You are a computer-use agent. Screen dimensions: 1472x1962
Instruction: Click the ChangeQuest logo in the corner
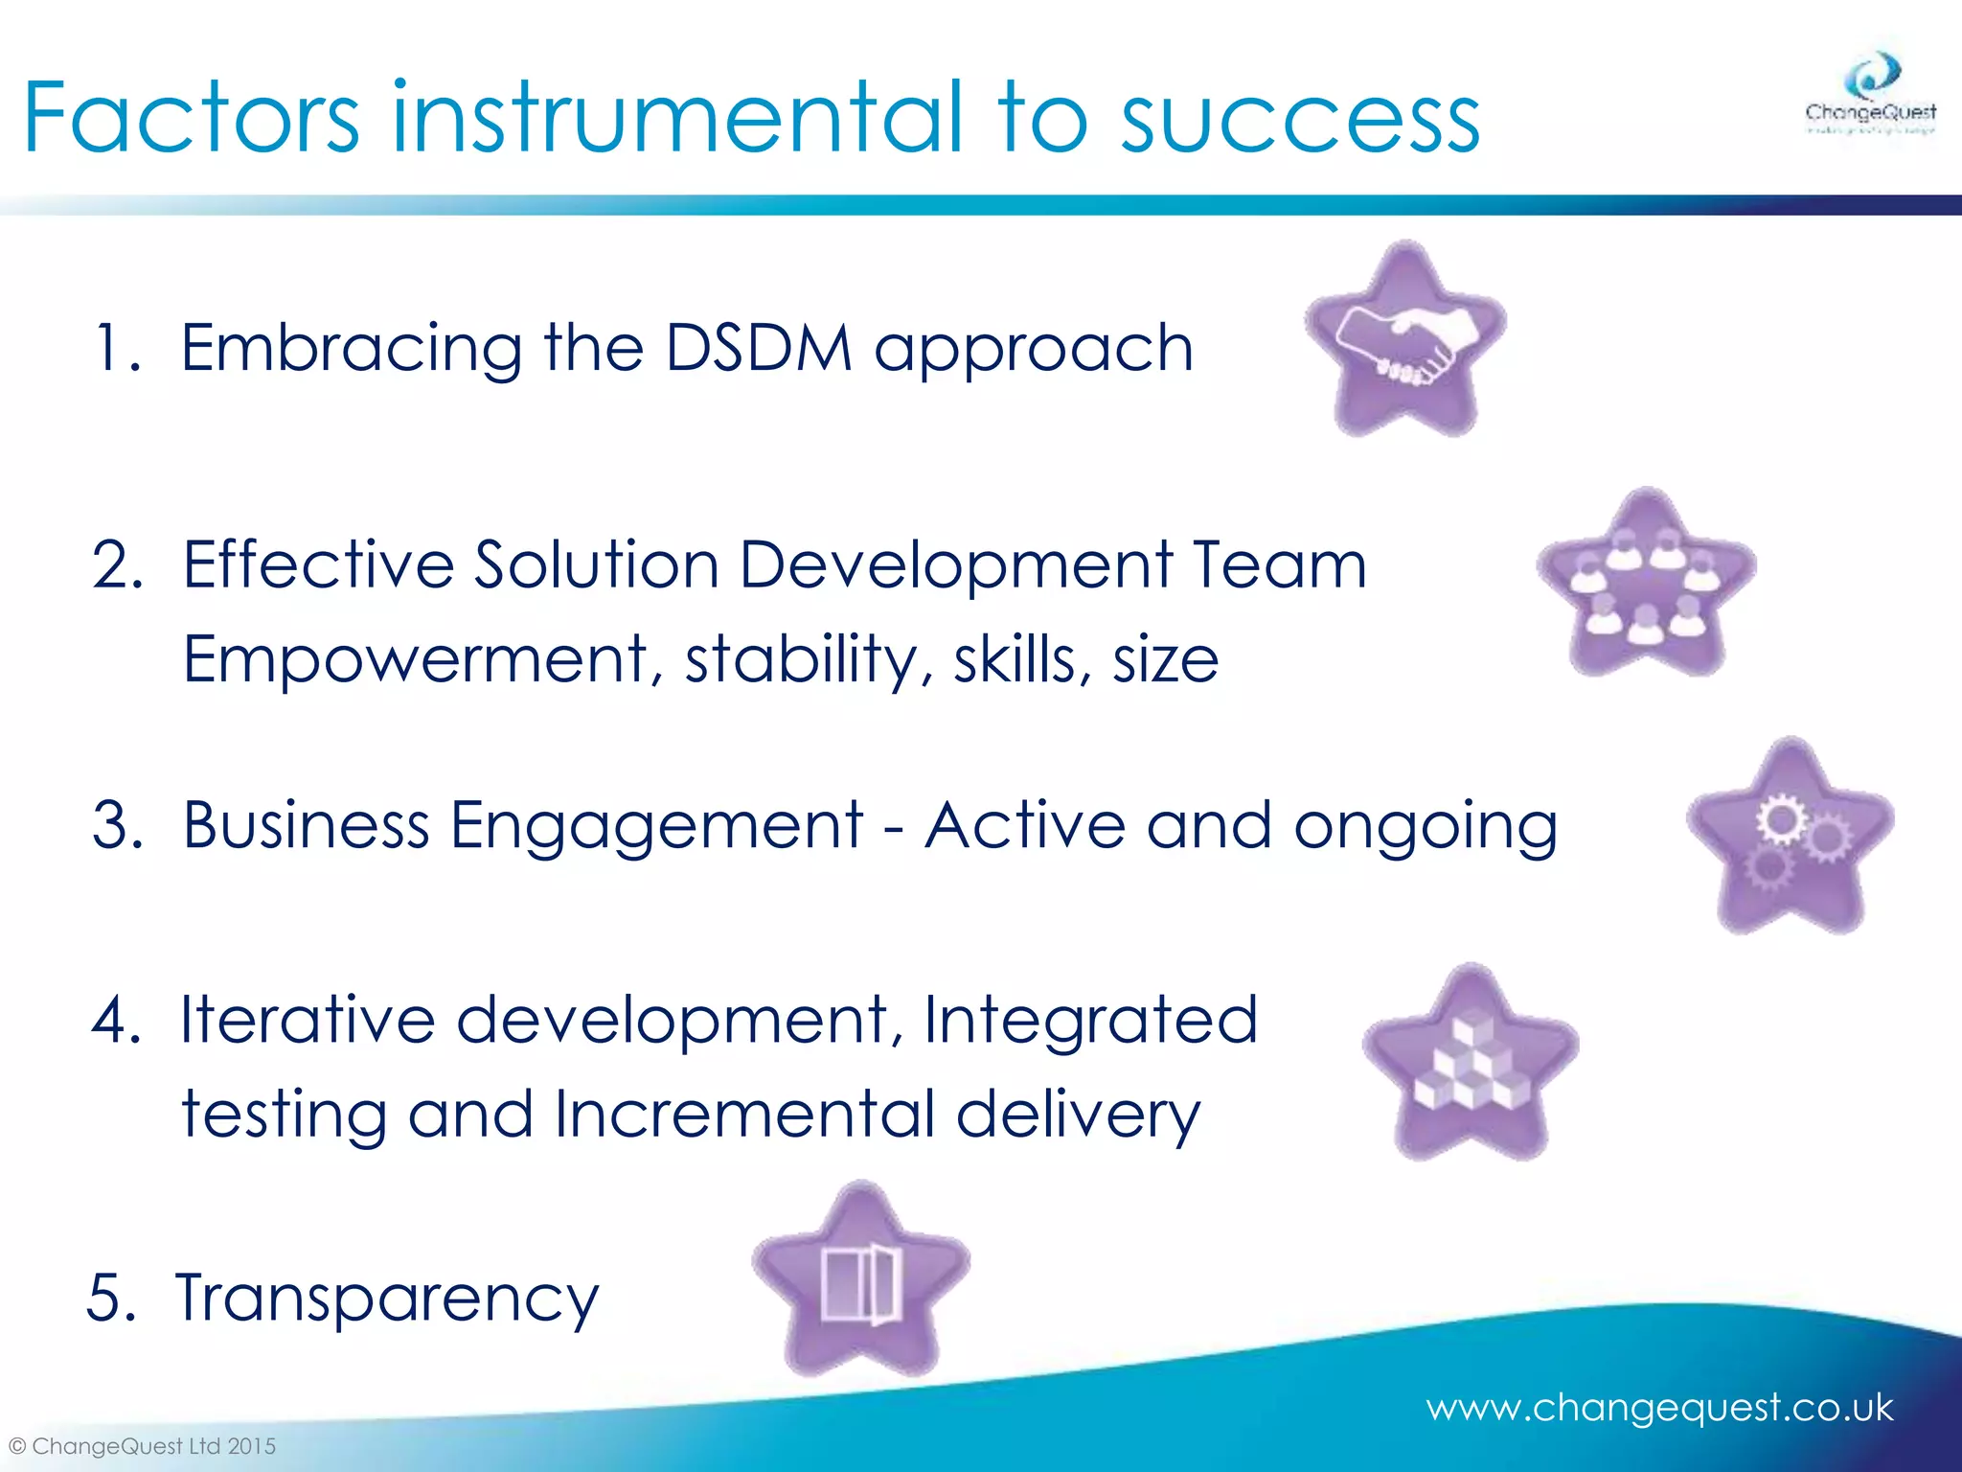click(1870, 96)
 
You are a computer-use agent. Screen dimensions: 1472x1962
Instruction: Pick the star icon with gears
click(1790, 839)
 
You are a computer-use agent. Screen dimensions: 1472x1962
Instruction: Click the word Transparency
click(387, 1299)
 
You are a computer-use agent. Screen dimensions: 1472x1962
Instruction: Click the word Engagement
click(656, 826)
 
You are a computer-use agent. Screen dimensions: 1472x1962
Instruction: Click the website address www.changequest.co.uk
click(1659, 1408)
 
